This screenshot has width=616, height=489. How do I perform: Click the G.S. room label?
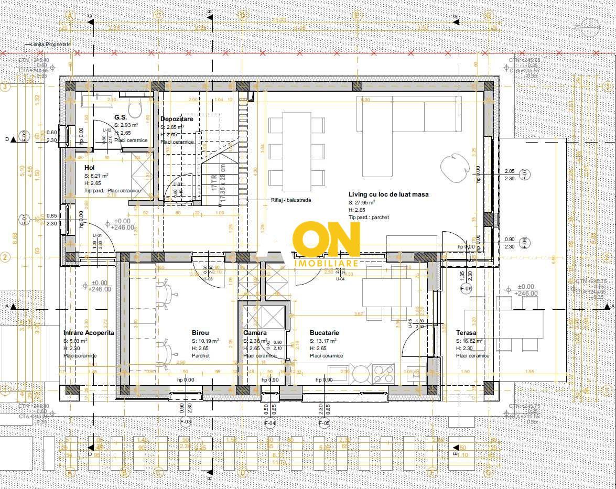[x=121, y=117]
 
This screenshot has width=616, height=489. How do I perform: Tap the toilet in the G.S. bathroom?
[x=135, y=110]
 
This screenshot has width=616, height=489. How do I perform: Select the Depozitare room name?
[x=177, y=119]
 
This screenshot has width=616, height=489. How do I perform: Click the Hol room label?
[x=90, y=167]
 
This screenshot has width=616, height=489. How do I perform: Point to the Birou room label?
[x=200, y=333]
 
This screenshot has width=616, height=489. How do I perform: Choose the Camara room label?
[x=255, y=333]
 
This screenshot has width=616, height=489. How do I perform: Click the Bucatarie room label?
[x=324, y=333]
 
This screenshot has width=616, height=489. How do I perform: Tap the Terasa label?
[x=466, y=333]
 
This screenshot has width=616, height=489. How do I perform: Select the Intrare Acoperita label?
[x=89, y=333]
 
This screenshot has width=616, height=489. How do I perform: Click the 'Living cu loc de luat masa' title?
[x=388, y=194]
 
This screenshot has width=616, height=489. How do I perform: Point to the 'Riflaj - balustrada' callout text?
[x=291, y=200]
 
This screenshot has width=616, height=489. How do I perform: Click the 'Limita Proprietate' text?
[x=51, y=45]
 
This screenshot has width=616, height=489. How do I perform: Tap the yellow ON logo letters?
[x=327, y=240]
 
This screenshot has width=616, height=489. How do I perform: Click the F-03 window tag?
[x=186, y=421]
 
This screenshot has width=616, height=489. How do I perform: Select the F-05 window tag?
[x=324, y=422]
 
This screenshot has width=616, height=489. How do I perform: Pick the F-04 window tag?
[x=270, y=422]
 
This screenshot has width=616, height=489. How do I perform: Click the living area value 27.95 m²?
[x=365, y=202]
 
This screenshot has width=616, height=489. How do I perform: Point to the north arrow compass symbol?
[x=591, y=25]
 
